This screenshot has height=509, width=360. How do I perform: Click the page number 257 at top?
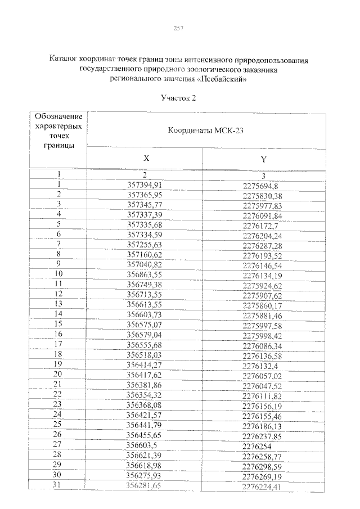[179, 28]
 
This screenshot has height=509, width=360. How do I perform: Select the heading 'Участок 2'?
[178, 98]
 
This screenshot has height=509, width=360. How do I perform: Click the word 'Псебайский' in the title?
[223, 79]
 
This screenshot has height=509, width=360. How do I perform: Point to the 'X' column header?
[145, 159]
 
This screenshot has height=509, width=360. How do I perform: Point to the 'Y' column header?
[263, 159]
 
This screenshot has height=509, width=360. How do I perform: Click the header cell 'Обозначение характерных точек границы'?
[58, 130]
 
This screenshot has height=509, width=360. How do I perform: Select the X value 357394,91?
[145, 184]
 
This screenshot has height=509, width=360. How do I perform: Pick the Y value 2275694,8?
[262, 185]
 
